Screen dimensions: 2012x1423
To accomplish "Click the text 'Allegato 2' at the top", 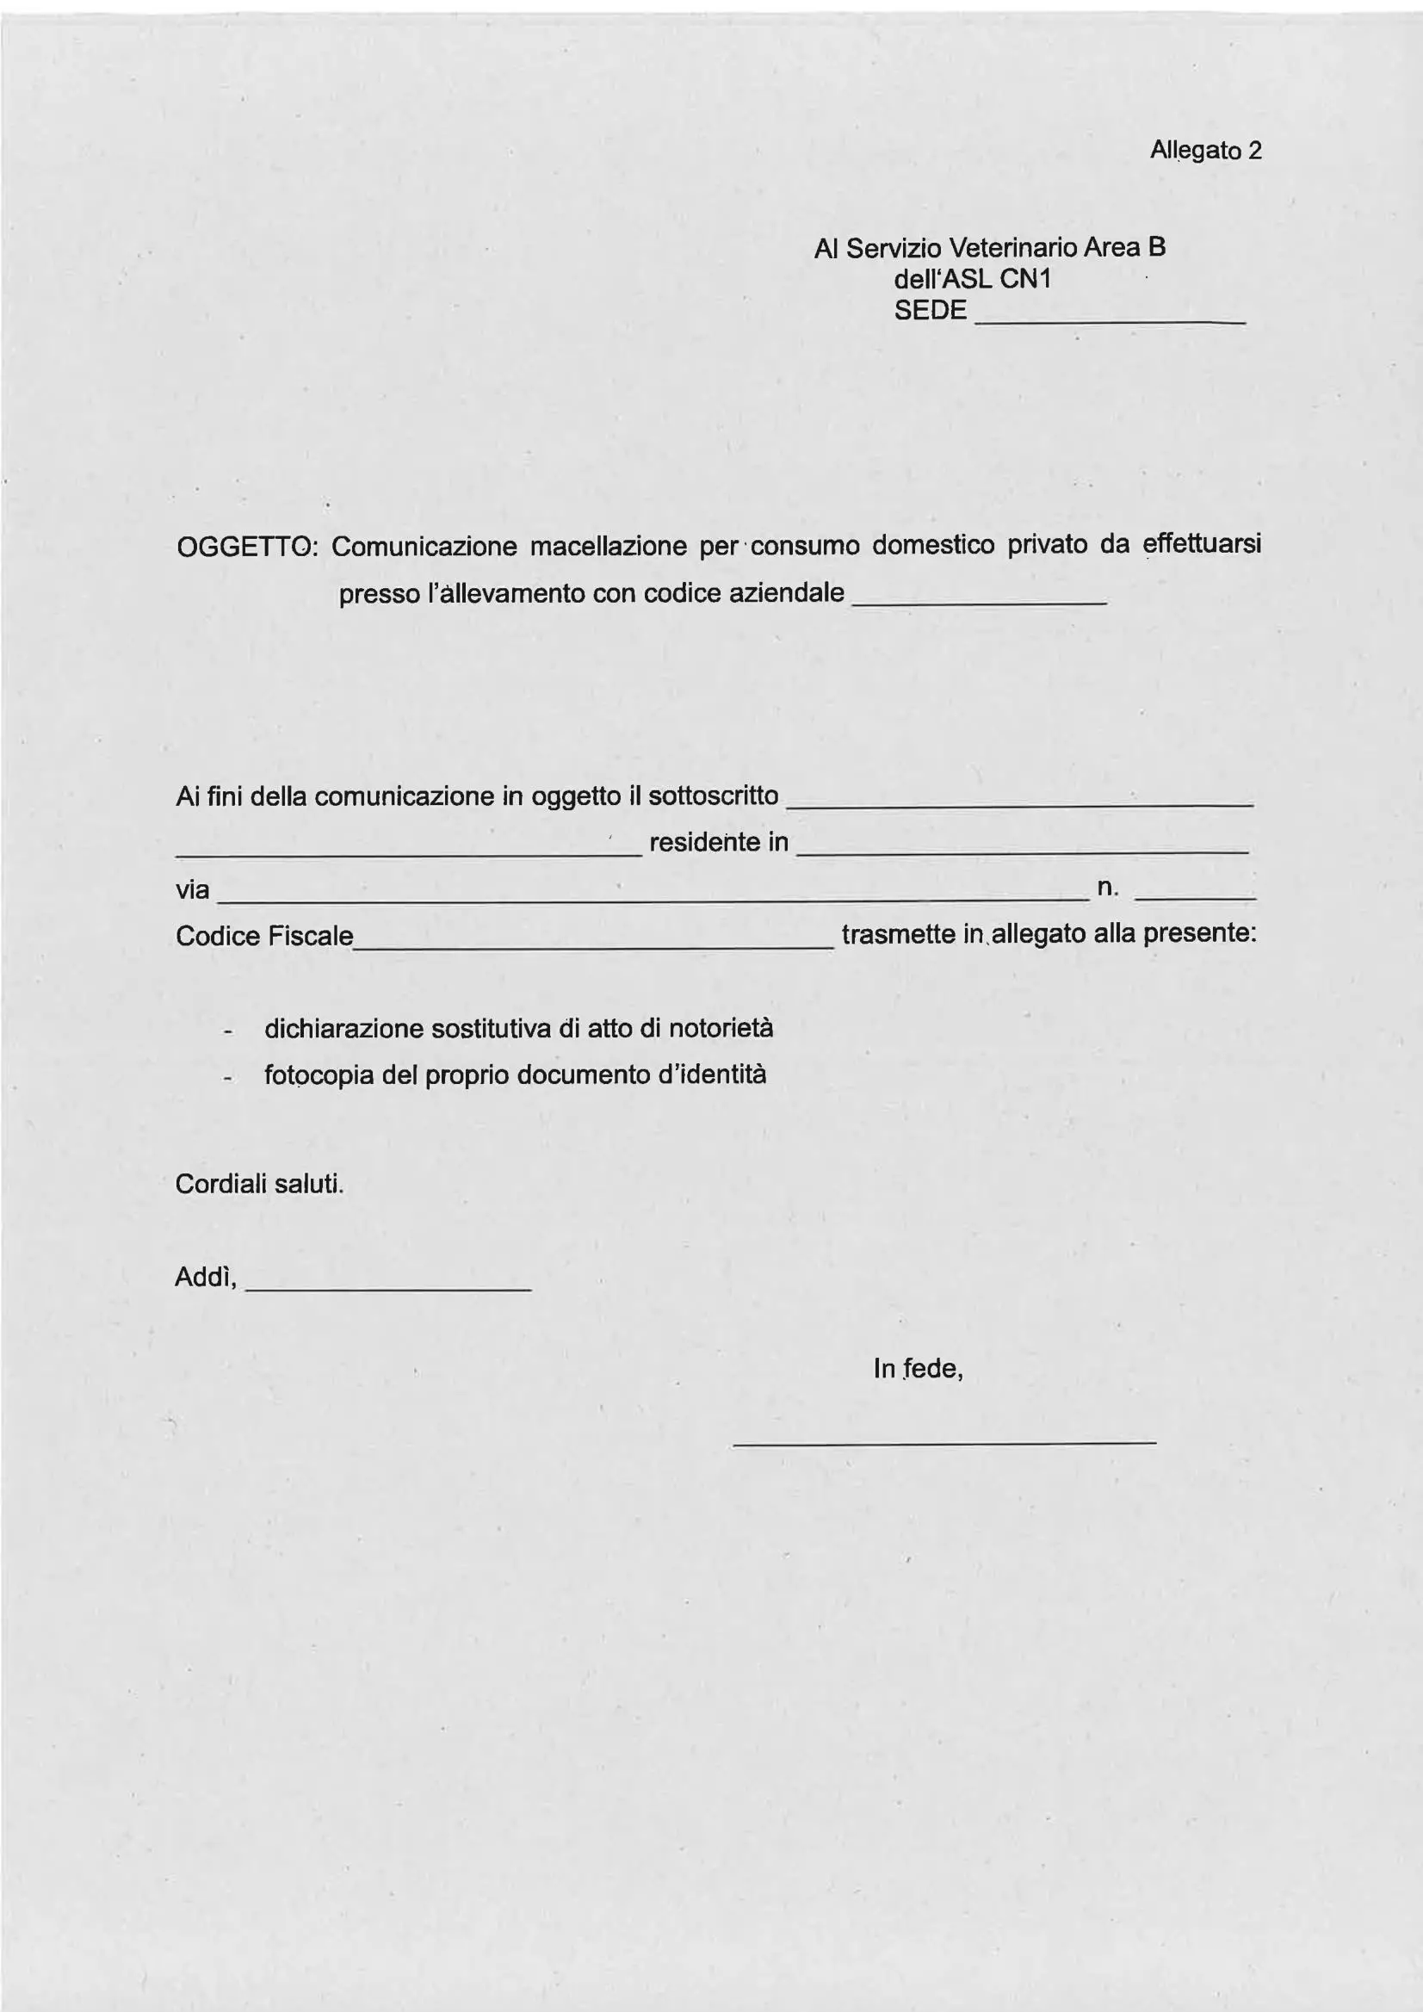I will click(x=1206, y=151).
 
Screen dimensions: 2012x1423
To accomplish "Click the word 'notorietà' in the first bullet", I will click(x=721, y=1028).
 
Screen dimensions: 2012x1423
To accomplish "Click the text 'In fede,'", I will click(x=919, y=1369).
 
